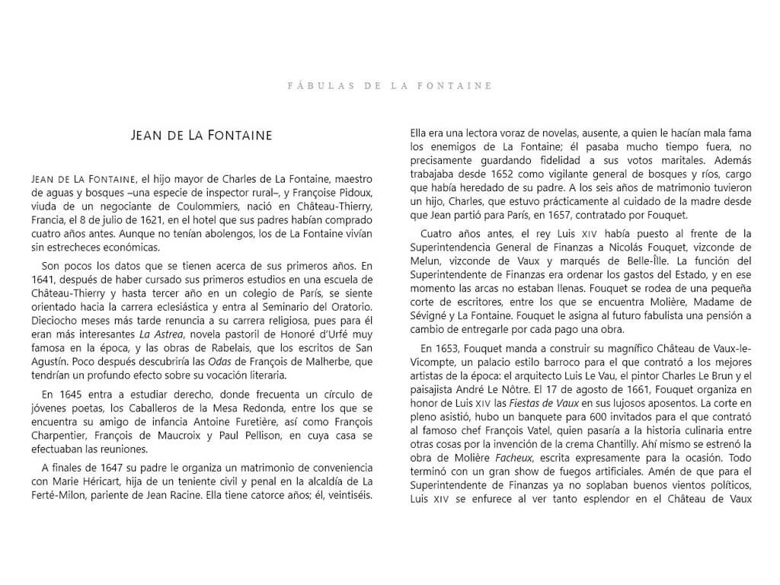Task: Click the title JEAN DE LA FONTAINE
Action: (x=202, y=136)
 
